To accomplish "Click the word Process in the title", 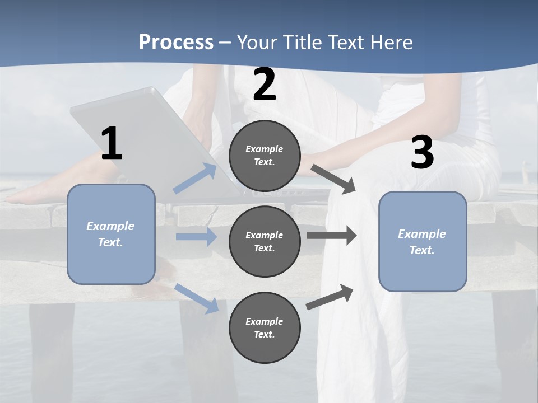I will click(x=176, y=43).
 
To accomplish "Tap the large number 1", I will click(x=112, y=144).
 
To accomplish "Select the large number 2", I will click(x=265, y=85).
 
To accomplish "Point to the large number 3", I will click(x=422, y=153).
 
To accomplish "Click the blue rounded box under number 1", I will click(x=111, y=234).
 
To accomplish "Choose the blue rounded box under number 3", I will click(x=423, y=241).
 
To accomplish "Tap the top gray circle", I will click(x=265, y=156).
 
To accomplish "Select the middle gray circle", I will click(x=265, y=241).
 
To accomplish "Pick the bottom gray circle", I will click(x=265, y=327).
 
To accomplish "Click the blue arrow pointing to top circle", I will click(x=195, y=179).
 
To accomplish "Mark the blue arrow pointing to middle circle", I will click(x=196, y=237).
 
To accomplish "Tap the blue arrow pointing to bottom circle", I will click(x=196, y=298).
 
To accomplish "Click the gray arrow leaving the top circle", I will click(x=333, y=179).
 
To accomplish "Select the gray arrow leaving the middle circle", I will click(x=332, y=236).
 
